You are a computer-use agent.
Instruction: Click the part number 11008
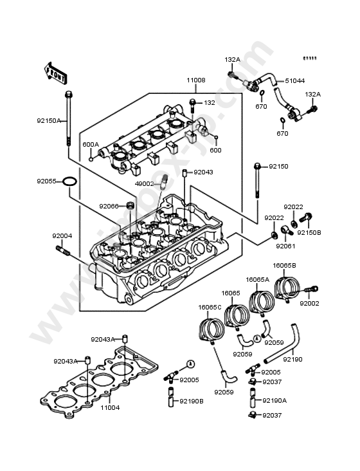coord(196,80)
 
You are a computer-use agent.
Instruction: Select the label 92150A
coord(48,120)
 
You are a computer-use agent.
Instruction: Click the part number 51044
coord(295,81)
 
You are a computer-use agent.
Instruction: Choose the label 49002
coord(144,183)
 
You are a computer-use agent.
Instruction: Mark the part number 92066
coord(109,206)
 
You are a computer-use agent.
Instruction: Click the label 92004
coord(62,235)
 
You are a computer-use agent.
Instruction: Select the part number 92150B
coord(309,232)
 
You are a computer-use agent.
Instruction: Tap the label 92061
coord(286,246)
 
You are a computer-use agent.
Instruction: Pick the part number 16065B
coord(283,265)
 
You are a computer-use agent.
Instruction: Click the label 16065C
coord(210,307)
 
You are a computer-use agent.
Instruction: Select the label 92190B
coord(191,401)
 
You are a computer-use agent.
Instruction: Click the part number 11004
coord(110,407)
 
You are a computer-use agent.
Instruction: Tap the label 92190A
coord(274,400)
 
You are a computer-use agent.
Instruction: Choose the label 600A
coord(91,144)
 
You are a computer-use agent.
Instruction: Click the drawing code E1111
coord(310,59)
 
